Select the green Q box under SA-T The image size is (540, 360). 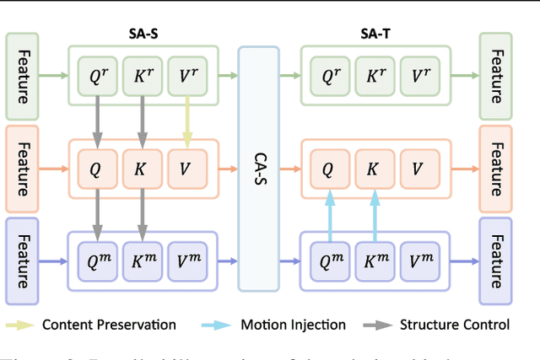(327, 75)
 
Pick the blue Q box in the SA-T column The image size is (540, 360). (327, 260)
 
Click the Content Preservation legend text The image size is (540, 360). (109, 325)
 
